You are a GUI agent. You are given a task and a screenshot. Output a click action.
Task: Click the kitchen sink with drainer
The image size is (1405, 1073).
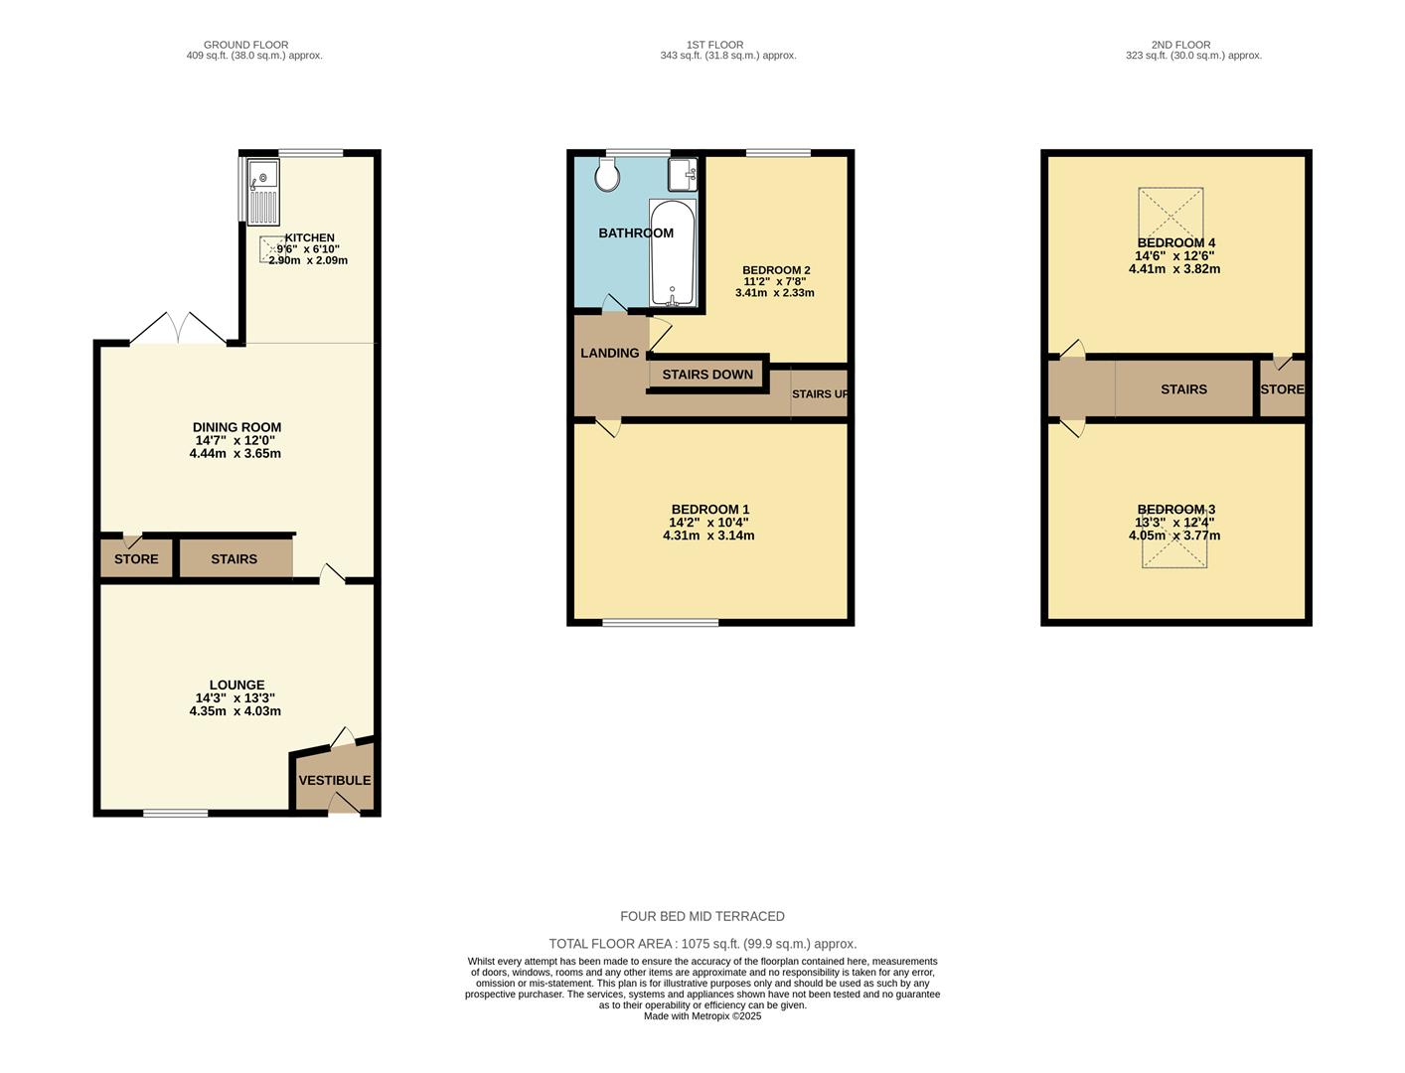point(264,192)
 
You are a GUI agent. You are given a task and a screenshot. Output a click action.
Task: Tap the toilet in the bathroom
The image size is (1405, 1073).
point(607,176)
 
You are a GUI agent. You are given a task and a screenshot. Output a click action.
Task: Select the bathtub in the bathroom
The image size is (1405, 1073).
point(673,253)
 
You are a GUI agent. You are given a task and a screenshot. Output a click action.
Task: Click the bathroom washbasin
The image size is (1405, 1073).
point(682,174)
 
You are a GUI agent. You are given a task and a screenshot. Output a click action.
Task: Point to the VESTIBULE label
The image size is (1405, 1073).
point(335,780)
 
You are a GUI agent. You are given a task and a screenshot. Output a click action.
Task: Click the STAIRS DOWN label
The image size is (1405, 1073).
point(707,375)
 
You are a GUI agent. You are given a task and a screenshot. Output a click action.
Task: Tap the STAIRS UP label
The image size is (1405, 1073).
point(820,393)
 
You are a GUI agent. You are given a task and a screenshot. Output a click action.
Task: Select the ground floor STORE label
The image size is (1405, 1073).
point(136,559)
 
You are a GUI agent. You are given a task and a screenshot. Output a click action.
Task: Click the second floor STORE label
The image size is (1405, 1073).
point(1282,389)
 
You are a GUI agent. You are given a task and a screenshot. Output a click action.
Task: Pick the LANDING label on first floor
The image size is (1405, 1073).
point(610,353)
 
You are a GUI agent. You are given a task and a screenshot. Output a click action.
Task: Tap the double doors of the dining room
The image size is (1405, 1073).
point(179,329)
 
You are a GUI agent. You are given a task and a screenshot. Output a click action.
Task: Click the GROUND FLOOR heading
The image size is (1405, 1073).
point(245,45)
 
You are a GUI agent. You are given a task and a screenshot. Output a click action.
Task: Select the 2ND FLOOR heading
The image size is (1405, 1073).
point(1180,45)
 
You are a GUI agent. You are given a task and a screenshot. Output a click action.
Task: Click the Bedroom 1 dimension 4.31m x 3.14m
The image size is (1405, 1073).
point(708,536)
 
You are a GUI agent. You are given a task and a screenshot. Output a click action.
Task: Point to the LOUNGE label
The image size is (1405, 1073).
point(236,685)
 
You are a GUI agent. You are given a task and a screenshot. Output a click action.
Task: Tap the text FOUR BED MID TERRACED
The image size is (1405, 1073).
point(702,916)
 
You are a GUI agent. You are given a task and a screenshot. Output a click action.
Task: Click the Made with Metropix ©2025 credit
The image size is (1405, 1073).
point(702,1016)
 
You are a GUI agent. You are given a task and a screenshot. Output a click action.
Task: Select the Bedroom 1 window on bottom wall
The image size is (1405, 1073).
point(661,623)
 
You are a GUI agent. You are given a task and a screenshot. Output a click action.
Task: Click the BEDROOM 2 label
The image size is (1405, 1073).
point(776,270)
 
